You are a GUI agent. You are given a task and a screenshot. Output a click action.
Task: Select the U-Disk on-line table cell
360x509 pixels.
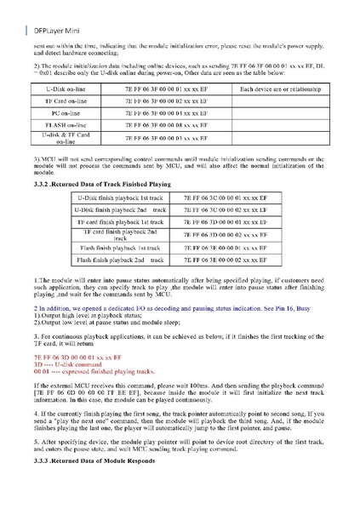click(71, 89)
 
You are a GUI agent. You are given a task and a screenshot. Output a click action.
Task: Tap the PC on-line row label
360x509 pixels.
click(71, 112)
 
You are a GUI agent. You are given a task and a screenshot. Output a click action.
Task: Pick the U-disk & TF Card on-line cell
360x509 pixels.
click(71, 137)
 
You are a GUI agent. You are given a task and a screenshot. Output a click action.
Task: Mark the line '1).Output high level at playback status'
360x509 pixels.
click(94, 316)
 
